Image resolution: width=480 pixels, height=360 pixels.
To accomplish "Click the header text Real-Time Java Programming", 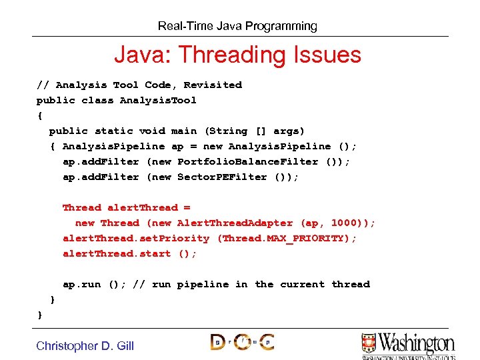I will pos(237,27).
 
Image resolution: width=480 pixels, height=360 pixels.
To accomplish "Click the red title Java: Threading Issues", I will pos(237,55).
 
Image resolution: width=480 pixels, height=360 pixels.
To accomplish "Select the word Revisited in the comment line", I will pos(213,85).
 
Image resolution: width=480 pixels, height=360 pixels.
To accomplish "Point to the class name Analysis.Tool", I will pos(158,101).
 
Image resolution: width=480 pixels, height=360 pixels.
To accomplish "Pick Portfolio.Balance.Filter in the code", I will pos(248,162).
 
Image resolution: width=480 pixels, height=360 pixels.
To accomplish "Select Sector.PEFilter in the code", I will pos(222,177).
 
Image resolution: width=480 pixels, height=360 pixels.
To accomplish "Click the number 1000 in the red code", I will pos(344,223).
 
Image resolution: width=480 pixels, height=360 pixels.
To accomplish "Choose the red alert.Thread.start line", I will pos(129,254).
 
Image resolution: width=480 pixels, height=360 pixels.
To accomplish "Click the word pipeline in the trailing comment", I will pos(203,285).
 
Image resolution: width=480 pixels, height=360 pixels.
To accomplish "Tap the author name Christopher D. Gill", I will pos(85,345).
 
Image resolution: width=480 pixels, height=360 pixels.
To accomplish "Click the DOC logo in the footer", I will pos(242,342).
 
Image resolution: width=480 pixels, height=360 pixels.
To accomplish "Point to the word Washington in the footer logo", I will pos(417,343).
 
